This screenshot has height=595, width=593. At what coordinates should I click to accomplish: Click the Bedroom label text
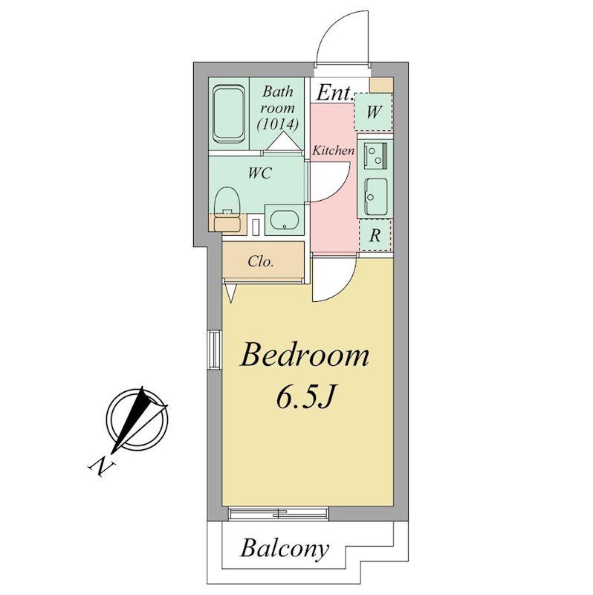click(305, 355)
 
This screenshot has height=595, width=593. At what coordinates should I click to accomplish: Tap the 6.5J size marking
click(305, 398)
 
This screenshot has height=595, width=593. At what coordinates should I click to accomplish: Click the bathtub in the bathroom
click(228, 115)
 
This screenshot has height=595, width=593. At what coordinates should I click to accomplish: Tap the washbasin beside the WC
click(285, 219)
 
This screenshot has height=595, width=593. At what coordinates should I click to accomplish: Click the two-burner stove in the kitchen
click(375, 155)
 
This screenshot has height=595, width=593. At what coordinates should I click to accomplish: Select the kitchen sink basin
click(376, 196)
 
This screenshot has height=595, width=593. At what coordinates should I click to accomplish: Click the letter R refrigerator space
click(375, 236)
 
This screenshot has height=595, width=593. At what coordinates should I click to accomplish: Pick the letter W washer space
click(374, 112)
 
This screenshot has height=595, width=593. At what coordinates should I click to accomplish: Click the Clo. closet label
click(261, 262)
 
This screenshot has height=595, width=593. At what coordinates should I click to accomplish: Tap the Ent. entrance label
click(335, 93)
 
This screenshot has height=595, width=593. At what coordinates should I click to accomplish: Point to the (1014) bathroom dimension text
click(277, 124)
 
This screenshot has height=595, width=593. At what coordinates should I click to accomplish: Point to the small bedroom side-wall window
click(215, 350)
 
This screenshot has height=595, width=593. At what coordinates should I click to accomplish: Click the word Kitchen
click(333, 151)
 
